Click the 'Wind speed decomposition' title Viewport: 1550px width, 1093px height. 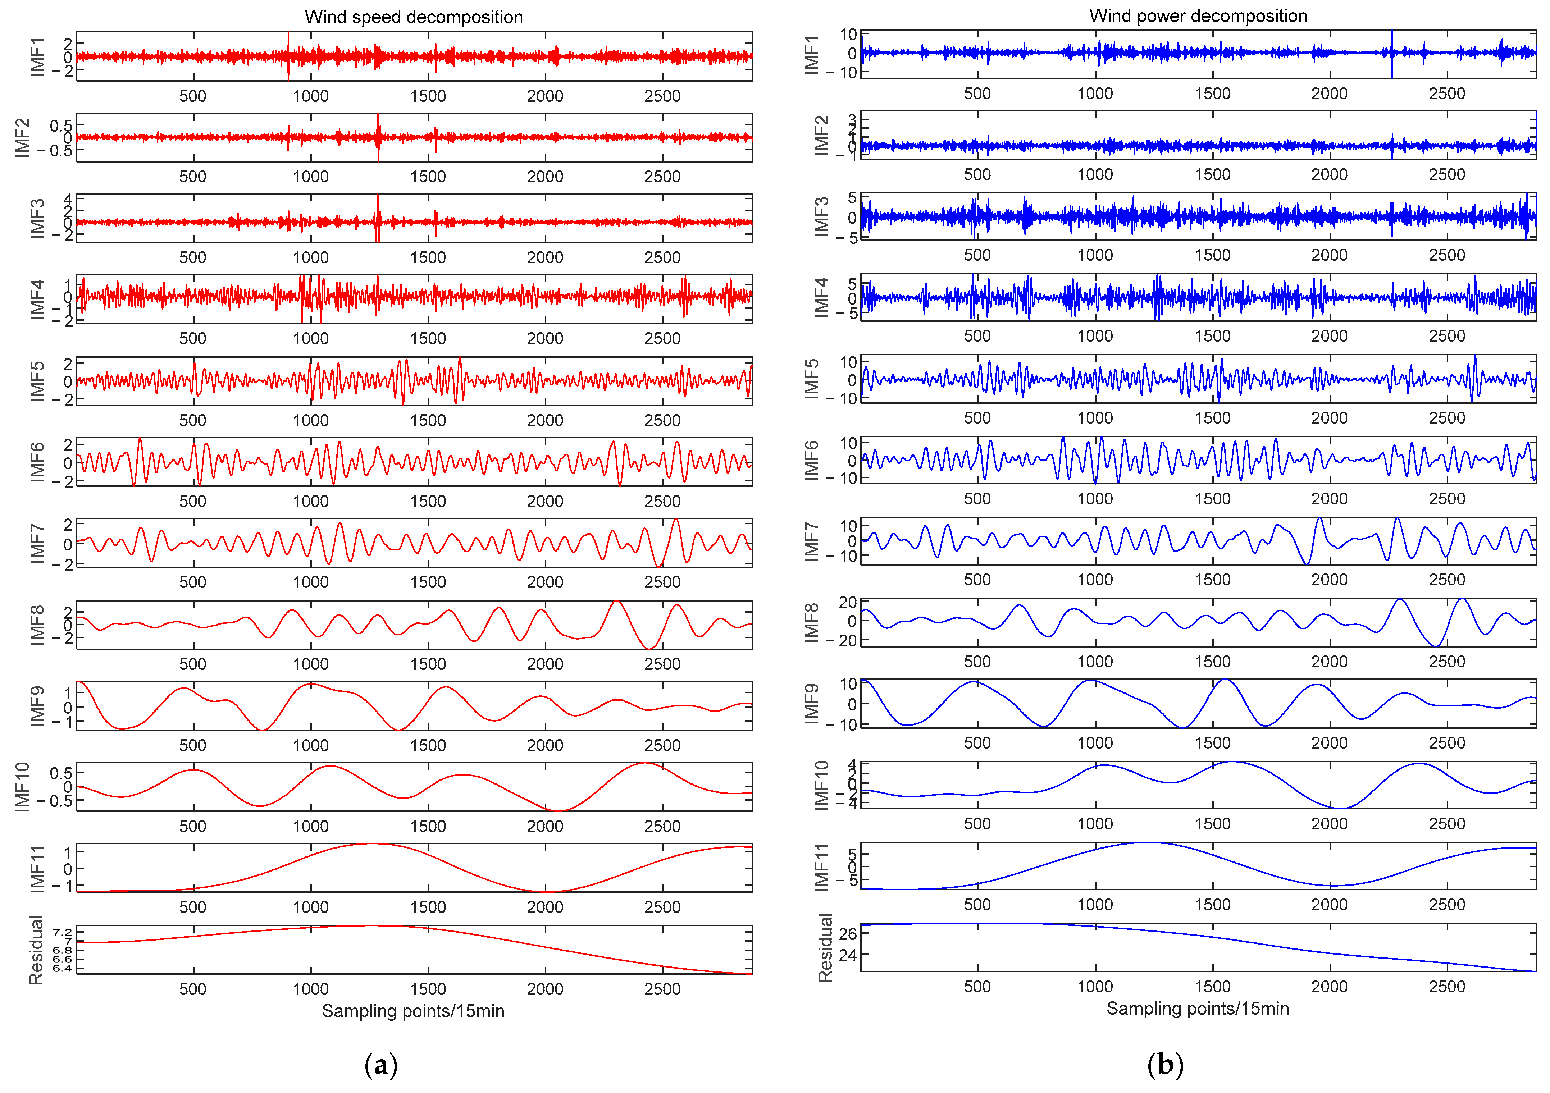coord(414,17)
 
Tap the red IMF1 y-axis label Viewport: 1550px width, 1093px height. coord(37,57)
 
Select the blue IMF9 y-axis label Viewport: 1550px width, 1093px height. coord(812,704)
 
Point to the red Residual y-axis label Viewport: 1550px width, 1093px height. coord(36,950)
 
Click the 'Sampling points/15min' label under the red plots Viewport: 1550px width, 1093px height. coord(413,1011)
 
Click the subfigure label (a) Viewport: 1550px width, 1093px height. coord(381,1065)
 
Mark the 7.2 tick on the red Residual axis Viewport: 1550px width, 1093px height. coord(63,932)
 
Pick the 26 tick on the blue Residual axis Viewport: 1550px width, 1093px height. coord(848,934)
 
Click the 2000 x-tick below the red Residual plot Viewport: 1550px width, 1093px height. coord(545,989)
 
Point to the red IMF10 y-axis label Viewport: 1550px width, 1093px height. coord(22,787)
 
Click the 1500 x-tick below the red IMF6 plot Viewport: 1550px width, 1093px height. coord(428,501)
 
